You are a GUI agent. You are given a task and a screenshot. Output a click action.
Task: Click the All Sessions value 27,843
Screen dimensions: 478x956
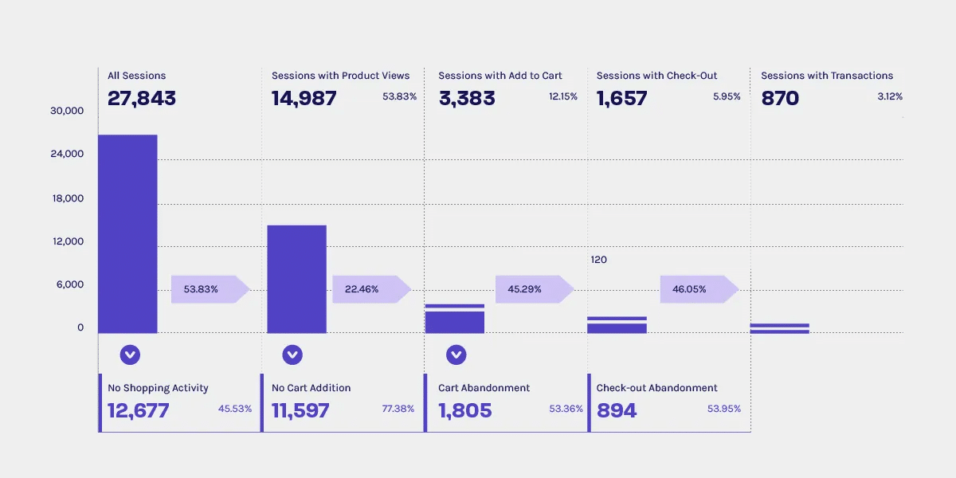click(x=142, y=99)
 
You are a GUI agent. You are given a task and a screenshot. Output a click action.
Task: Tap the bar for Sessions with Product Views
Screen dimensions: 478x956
click(x=296, y=279)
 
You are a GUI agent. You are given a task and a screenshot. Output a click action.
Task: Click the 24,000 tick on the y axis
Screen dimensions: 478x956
click(x=67, y=154)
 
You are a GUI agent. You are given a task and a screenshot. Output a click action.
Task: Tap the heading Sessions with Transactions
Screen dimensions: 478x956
click(x=827, y=76)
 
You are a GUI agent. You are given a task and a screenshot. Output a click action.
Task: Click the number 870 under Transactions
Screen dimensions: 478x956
click(x=780, y=99)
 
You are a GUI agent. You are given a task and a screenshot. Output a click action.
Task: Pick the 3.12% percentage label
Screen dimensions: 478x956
click(x=889, y=96)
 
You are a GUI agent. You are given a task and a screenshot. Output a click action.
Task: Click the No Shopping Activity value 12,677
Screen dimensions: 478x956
click(x=139, y=411)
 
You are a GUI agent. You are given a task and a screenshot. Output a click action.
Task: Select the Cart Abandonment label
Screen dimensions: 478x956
click(x=484, y=388)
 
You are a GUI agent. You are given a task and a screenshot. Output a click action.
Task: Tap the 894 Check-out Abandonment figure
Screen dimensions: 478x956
click(x=617, y=411)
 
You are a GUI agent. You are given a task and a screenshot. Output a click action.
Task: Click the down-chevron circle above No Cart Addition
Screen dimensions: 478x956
click(x=292, y=355)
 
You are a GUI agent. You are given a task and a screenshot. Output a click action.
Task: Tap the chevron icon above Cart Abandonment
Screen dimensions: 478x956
click(x=456, y=355)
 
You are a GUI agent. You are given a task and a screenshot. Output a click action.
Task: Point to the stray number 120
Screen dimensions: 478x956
click(x=599, y=260)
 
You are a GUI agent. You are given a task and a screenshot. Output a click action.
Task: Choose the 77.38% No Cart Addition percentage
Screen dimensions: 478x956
click(x=398, y=409)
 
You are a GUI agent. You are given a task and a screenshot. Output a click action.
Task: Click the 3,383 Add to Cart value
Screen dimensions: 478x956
click(x=467, y=99)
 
